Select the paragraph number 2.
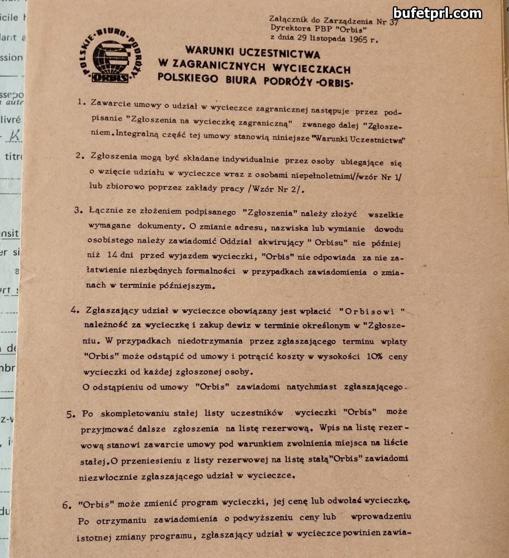[x=79, y=155]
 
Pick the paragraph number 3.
[x=78, y=210]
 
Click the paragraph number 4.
[x=75, y=310]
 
